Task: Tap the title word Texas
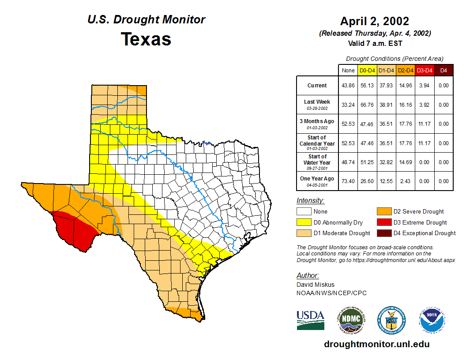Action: (x=146, y=39)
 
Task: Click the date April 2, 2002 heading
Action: (x=375, y=21)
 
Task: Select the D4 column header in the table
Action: (x=444, y=70)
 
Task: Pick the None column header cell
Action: (x=348, y=70)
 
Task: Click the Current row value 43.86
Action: (x=348, y=86)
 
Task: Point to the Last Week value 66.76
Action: (x=367, y=105)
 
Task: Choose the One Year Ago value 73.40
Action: (x=348, y=181)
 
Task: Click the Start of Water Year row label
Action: (x=317, y=162)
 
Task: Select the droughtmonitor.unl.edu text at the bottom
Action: (x=376, y=344)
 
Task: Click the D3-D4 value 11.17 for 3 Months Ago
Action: (x=425, y=124)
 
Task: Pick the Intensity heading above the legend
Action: (x=310, y=201)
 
